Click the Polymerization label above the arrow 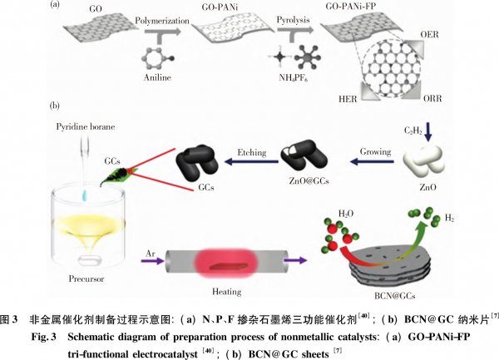click(162, 21)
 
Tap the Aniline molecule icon click(158, 59)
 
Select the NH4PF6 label click(293, 78)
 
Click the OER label click(429, 34)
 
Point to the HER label click(348, 99)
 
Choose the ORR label click(432, 99)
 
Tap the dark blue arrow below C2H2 click(428, 131)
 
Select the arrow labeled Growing click(372, 162)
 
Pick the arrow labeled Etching click(251, 162)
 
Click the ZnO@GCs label click(309, 181)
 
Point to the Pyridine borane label click(86, 127)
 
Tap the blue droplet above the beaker click(85, 195)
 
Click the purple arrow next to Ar click(153, 261)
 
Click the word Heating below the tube click(226, 292)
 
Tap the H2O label click(346, 214)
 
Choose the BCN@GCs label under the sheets click(394, 296)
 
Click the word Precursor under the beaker click(86, 279)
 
